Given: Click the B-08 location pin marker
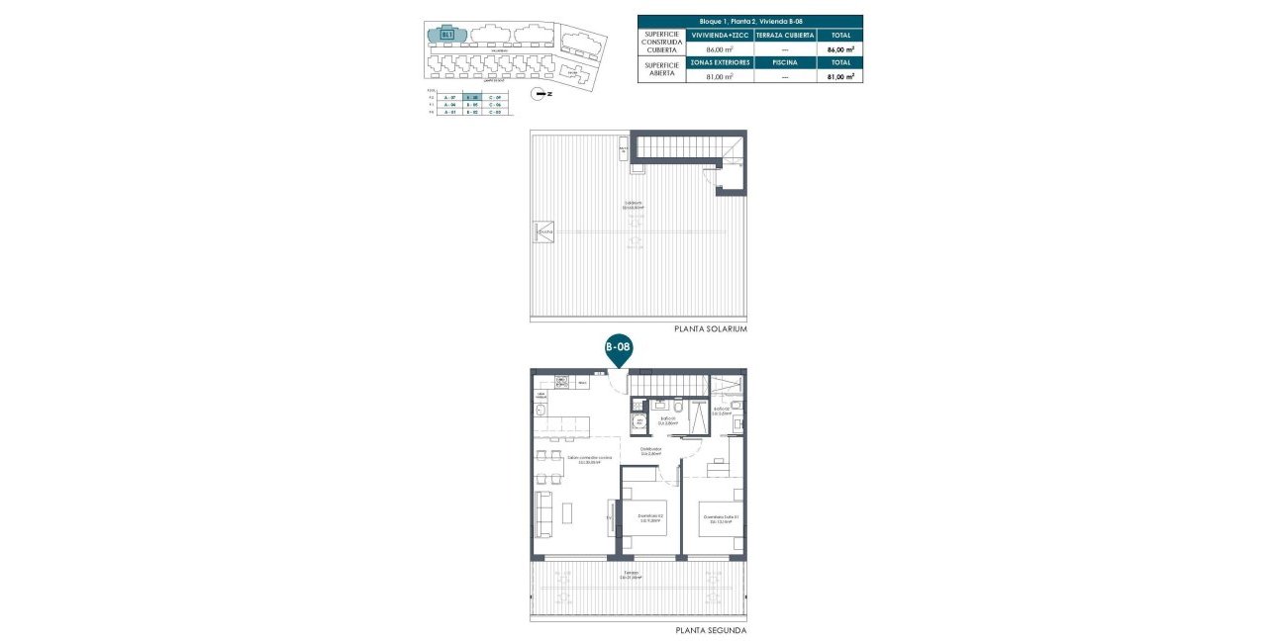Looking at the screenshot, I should [x=618, y=348].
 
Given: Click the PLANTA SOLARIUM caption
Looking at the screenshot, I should [x=710, y=328].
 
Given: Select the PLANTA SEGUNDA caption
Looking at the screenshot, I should [x=711, y=630].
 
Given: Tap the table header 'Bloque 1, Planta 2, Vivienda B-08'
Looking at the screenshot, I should [x=749, y=21].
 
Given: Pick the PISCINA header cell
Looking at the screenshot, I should [x=785, y=61].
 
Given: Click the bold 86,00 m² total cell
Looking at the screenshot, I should [x=838, y=48].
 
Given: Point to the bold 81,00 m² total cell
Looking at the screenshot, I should [x=838, y=76].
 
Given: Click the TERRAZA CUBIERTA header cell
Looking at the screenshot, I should [x=785, y=35].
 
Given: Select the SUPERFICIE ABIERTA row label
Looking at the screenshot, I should [x=661, y=69].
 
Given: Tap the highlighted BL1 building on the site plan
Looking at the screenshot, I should [x=447, y=35].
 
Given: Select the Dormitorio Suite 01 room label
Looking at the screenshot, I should [x=721, y=517].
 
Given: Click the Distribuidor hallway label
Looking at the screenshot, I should [x=650, y=450].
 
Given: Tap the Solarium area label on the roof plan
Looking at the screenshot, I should [x=634, y=207].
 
